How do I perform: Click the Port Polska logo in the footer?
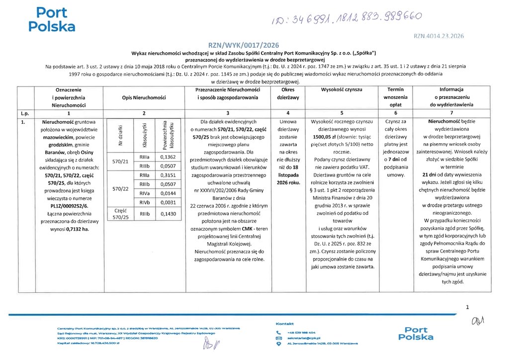pyautogui.click(x=419, y=333)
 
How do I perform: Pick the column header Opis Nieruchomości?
pyautogui.click(x=144, y=97)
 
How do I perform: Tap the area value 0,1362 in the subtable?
pyautogui.click(x=169, y=157)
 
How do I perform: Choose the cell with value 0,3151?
pyautogui.click(x=169, y=175)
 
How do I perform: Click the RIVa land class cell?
pyautogui.click(x=145, y=193)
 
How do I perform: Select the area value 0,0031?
pyautogui.click(x=169, y=202)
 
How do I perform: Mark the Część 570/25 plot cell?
pyautogui.click(x=121, y=214)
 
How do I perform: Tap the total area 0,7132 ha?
pyautogui.click(x=78, y=229)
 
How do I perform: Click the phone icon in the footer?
pyautogui.click(x=279, y=332)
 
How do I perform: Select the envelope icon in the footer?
pyautogui.click(x=279, y=338)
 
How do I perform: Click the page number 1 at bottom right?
pyautogui.click(x=467, y=307)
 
